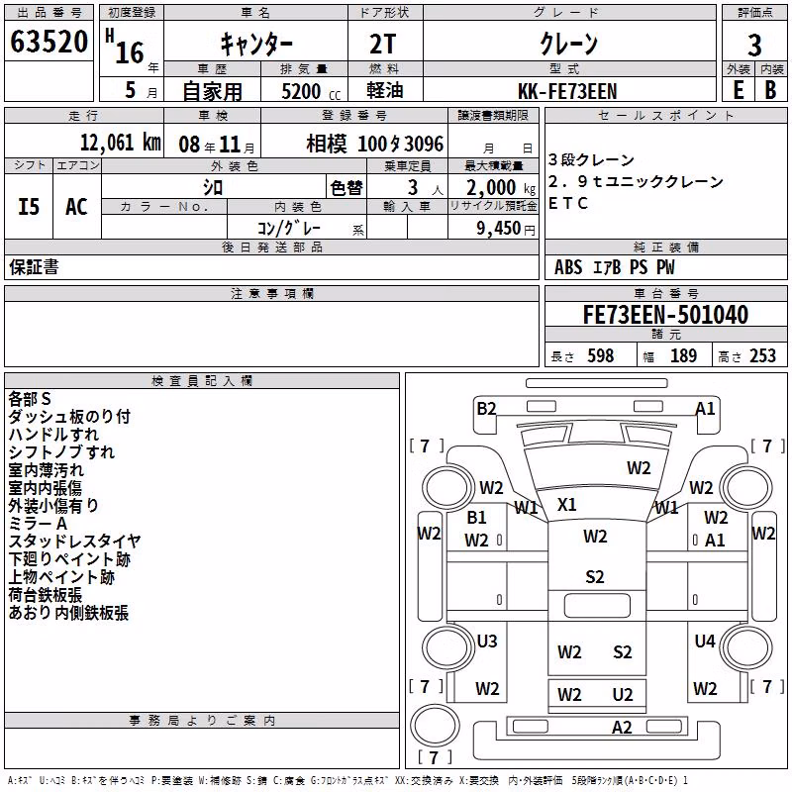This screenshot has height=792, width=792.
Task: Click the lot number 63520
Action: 49,42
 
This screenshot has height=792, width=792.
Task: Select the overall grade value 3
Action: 754,45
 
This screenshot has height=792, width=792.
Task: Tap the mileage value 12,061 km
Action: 121,143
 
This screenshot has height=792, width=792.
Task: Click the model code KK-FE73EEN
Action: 567,91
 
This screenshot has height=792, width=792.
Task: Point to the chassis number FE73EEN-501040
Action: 665,315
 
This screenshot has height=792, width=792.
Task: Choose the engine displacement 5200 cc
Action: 311,91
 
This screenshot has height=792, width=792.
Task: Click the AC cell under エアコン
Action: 76,207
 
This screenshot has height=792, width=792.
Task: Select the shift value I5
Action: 29,207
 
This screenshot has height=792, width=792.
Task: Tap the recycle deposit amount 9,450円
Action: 505,229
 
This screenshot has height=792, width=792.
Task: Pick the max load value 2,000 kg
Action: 501,188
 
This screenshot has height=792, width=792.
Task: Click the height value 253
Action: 762,356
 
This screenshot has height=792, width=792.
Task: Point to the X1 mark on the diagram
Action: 566,505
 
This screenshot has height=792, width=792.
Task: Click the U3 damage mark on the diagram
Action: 487,641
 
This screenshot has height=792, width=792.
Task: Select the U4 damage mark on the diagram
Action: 705,641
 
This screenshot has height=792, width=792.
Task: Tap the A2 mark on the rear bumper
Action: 622,728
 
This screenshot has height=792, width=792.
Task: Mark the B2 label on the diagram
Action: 486,408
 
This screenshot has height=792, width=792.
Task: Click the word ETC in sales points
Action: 567,203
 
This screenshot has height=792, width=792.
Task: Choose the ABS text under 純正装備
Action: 568,267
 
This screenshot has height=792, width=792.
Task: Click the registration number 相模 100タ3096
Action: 375,144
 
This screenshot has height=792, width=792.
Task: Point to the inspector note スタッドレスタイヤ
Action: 74,542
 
